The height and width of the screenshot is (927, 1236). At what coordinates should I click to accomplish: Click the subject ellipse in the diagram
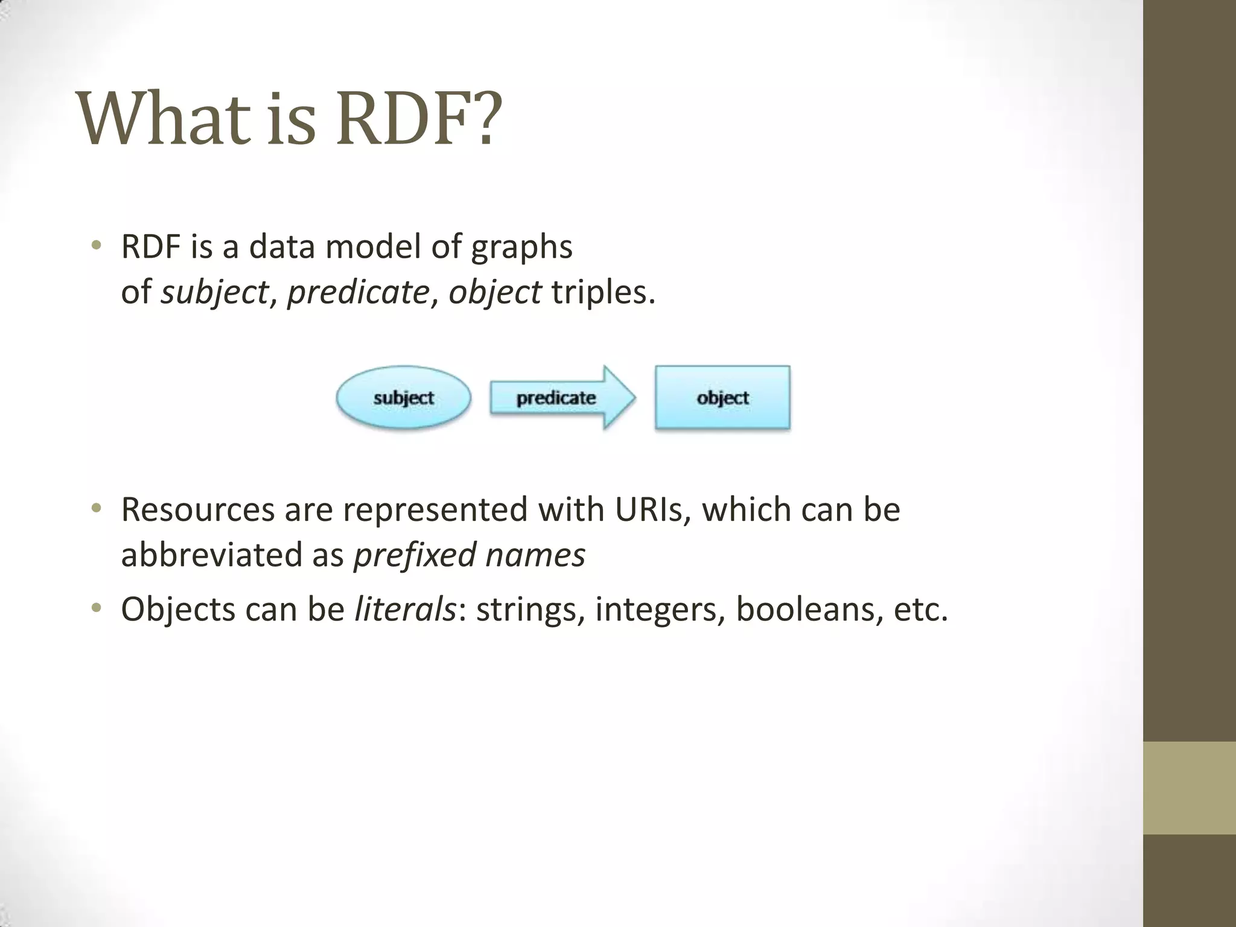[403, 398]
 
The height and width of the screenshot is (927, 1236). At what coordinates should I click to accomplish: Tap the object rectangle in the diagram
[722, 398]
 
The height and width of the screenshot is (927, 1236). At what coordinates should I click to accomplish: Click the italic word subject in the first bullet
[214, 293]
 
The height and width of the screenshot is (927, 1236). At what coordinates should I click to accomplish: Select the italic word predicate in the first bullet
[358, 293]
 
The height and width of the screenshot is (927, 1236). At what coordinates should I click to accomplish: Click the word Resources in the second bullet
[197, 509]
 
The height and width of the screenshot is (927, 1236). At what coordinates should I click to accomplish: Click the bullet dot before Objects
[96, 608]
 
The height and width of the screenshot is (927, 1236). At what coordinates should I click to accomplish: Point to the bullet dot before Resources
[96, 509]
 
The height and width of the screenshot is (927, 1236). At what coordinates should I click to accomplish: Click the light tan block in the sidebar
[1190, 788]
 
